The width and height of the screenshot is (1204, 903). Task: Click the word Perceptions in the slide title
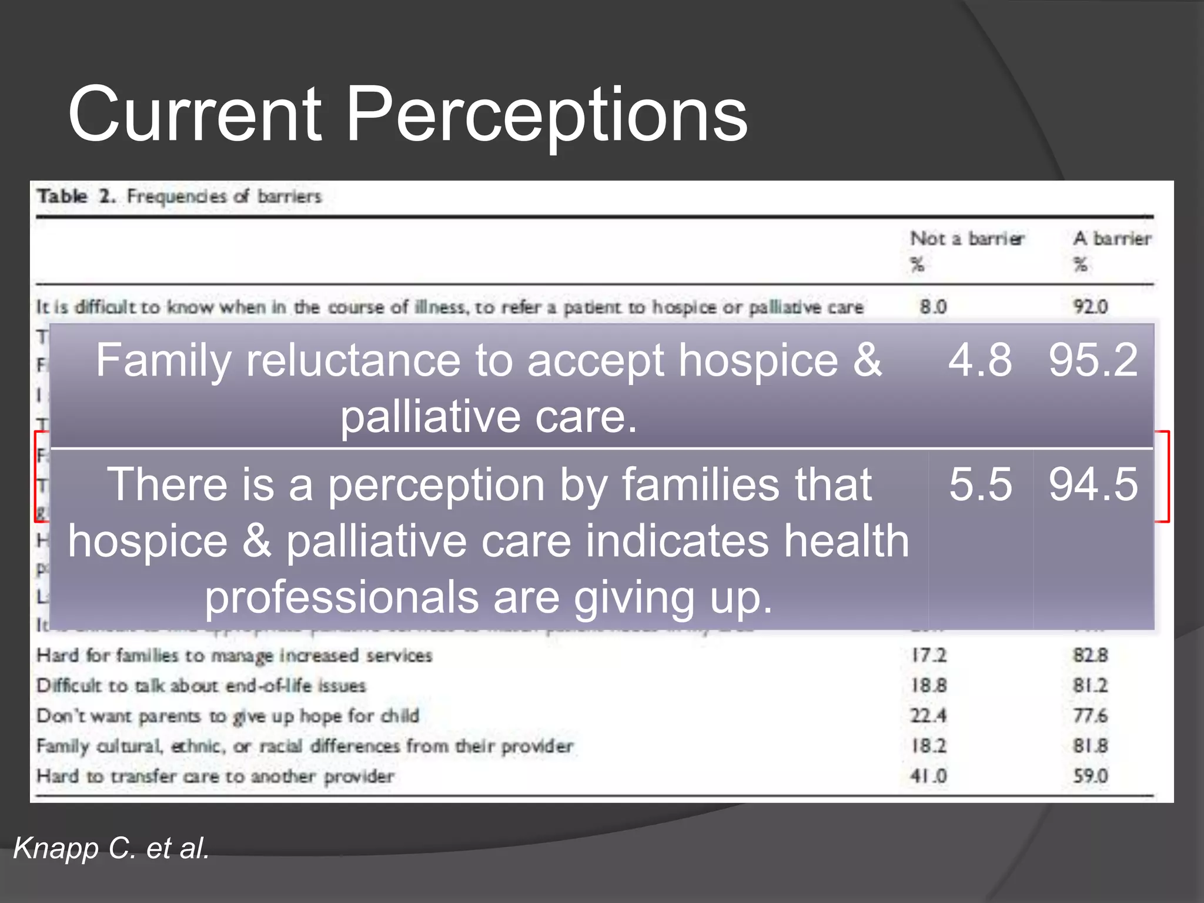pyautogui.click(x=547, y=115)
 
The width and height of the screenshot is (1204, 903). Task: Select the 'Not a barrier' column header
pyautogui.click(x=967, y=239)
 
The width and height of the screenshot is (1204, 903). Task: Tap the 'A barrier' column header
pyautogui.click(x=1112, y=239)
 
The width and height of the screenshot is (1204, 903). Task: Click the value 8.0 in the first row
pyautogui.click(x=933, y=306)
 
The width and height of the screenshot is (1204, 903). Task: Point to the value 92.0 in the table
pyautogui.click(x=1091, y=306)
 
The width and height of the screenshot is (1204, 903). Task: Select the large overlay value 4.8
pyautogui.click(x=980, y=360)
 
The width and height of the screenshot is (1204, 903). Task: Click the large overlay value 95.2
pyautogui.click(x=1093, y=360)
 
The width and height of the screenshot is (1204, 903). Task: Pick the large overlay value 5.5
pyautogui.click(x=980, y=484)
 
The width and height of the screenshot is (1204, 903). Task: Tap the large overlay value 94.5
pyautogui.click(x=1093, y=484)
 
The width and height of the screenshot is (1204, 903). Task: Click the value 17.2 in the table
pyautogui.click(x=929, y=655)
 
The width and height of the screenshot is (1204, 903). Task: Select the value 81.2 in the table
pyautogui.click(x=1091, y=685)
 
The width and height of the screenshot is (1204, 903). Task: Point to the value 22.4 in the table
pyautogui.click(x=929, y=715)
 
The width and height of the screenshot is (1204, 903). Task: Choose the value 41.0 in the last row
pyautogui.click(x=929, y=776)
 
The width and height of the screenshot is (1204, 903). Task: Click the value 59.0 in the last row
pyautogui.click(x=1091, y=776)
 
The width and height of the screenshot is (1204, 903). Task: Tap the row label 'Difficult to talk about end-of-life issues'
pyautogui.click(x=201, y=685)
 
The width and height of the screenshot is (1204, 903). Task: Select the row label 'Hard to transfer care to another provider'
pyautogui.click(x=215, y=776)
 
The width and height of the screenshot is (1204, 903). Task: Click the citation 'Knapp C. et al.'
pyautogui.click(x=112, y=848)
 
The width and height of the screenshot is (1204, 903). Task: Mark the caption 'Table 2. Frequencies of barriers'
pyautogui.click(x=179, y=196)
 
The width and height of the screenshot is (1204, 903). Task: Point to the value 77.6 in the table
pyautogui.click(x=1091, y=715)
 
